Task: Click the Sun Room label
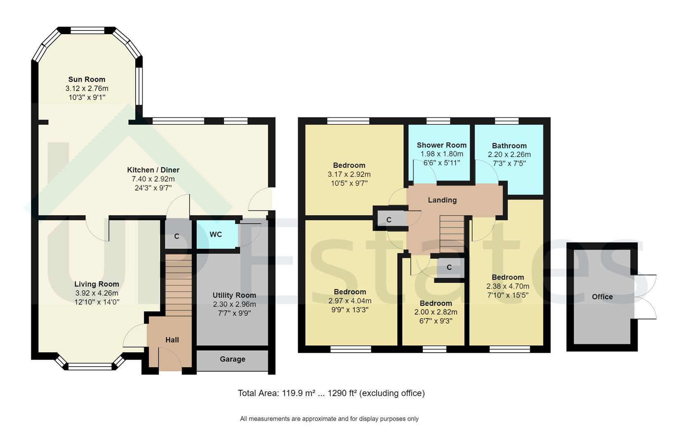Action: coord(87,80)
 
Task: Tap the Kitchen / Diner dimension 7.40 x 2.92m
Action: coord(153,179)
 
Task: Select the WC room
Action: coord(216,234)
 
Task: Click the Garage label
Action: coord(232,359)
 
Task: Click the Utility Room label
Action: coord(234,295)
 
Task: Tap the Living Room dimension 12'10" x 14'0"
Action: coord(97,302)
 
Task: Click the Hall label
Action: coord(172,340)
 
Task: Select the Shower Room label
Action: coord(441,145)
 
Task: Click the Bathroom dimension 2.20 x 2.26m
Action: coord(509,155)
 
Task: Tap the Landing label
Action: coord(442,200)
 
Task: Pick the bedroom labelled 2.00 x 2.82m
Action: coord(436,312)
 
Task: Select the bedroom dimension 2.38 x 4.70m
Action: coord(507,286)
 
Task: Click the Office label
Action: coord(602,297)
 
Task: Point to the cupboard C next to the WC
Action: coord(177,236)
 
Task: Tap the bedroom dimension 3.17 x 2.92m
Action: coord(349,174)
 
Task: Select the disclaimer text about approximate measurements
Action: coord(329,419)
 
